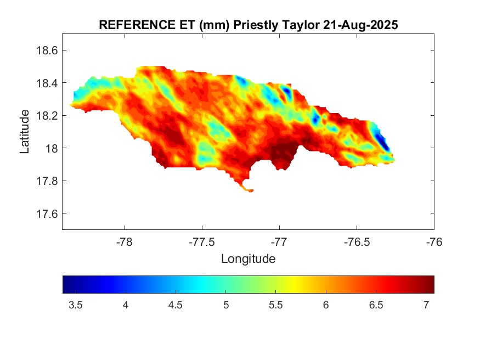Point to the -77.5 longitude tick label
click(202, 242)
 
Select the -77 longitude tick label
click(279, 242)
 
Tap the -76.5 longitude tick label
click(357, 242)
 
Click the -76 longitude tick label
click(434, 242)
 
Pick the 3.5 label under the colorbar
click(75, 305)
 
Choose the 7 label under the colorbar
click(426, 305)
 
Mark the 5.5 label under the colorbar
click(276, 305)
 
